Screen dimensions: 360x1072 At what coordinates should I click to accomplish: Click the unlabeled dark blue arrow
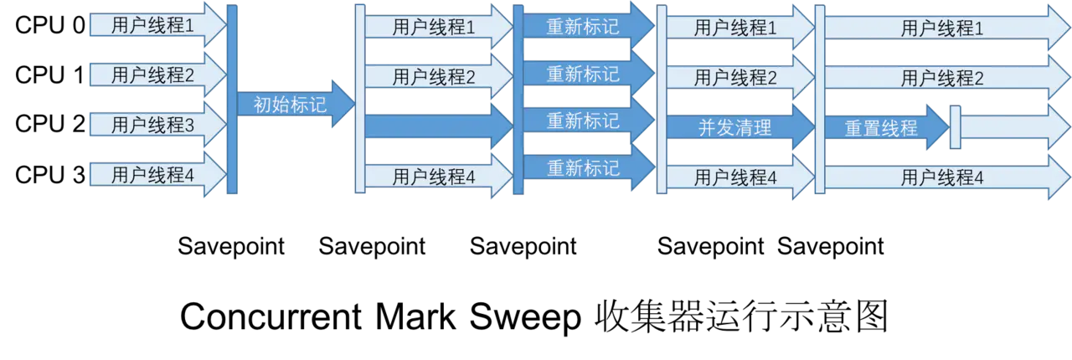click(x=435, y=126)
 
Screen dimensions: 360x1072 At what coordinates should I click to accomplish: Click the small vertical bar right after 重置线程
click(x=955, y=128)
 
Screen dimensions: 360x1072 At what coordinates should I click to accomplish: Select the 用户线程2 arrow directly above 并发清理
click(x=734, y=79)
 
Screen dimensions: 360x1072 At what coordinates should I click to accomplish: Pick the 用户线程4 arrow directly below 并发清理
click(x=734, y=177)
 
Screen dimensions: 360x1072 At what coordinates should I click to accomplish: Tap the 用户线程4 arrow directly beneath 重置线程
click(x=942, y=177)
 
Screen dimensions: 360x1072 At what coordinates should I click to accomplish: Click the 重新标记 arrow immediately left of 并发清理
click(x=583, y=121)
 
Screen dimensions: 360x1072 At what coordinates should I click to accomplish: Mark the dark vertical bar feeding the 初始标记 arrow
click(x=232, y=99)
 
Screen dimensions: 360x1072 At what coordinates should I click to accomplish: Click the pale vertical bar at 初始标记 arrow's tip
click(x=359, y=99)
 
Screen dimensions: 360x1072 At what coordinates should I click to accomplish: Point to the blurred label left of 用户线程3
click(x=50, y=125)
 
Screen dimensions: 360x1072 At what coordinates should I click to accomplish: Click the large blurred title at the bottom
click(x=536, y=318)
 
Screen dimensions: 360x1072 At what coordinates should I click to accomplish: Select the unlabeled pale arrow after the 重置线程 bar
click(x=1013, y=128)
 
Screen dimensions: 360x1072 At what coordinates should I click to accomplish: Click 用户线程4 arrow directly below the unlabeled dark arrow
click(x=434, y=177)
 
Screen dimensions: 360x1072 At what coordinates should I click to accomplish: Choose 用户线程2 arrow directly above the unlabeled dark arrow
click(x=434, y=78)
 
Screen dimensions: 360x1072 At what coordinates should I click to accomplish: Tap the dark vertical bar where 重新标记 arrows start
click(x=518, y=99)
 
